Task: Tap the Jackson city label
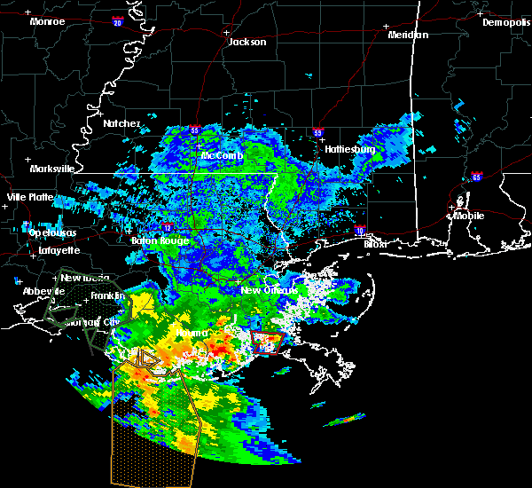247,42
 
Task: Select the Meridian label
408,35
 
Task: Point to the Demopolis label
506,22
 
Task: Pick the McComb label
221,155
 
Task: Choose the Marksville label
51,168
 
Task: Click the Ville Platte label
30,197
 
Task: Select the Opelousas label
52,232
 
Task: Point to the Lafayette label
59,251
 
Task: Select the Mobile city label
469,215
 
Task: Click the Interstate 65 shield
477,177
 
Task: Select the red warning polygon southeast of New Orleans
265,342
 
